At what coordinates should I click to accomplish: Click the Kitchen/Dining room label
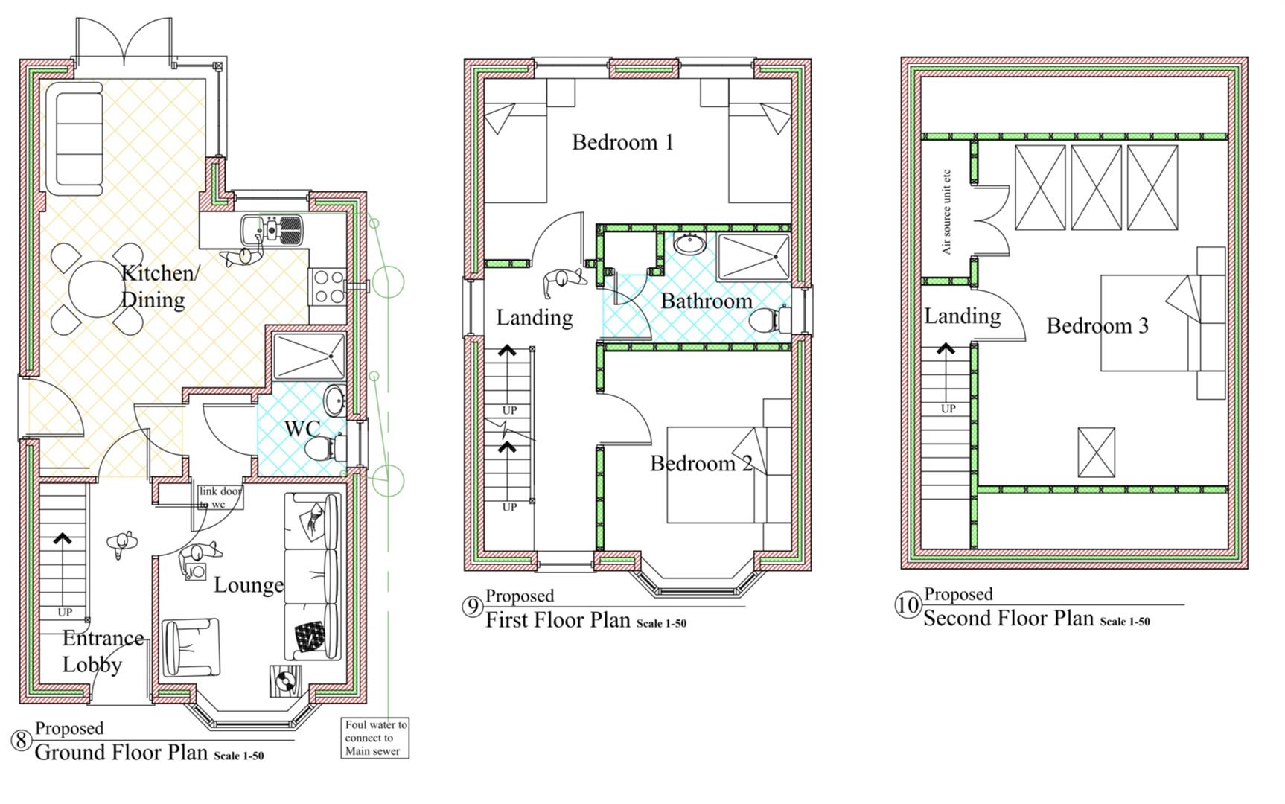tap(159, 286)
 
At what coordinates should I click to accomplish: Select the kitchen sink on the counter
tap(273, 229)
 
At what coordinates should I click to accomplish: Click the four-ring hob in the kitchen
tap(328, 286)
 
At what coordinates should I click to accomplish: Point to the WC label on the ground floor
tap(302, 429)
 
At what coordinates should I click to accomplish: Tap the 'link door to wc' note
tap(220, 497)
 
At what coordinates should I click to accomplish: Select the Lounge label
tap(249, 585)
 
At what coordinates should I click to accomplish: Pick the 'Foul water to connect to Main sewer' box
tap(375, 738)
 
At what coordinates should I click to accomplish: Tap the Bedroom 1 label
tap(622, 142)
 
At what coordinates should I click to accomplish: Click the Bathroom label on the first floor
tap(707, 301)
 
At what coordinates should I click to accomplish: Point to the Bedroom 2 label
tap(701, 464)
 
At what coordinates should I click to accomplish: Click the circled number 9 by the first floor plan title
tap(473, 607)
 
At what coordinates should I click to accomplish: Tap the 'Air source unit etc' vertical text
tap(946, 211)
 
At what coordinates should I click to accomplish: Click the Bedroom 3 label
tap(1097, 325)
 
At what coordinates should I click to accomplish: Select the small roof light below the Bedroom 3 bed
tap(1096, 453)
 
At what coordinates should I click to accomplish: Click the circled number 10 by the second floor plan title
tap(908, 605)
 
